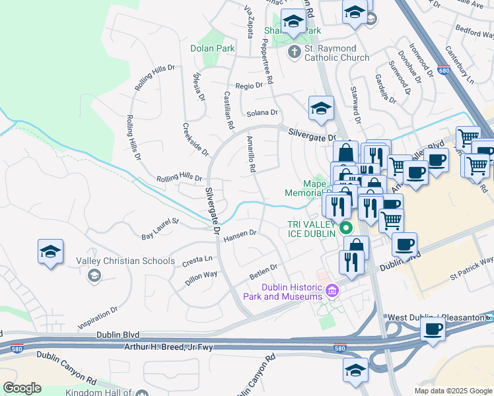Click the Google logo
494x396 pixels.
coord(22,388)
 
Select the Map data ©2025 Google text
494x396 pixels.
coord(452,391)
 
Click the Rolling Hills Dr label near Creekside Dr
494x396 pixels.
coord(179,178)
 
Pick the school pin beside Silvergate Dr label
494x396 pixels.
coord(321,108)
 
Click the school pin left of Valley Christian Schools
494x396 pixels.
coord(51,252)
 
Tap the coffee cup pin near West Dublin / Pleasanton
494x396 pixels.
coord(433,329)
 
